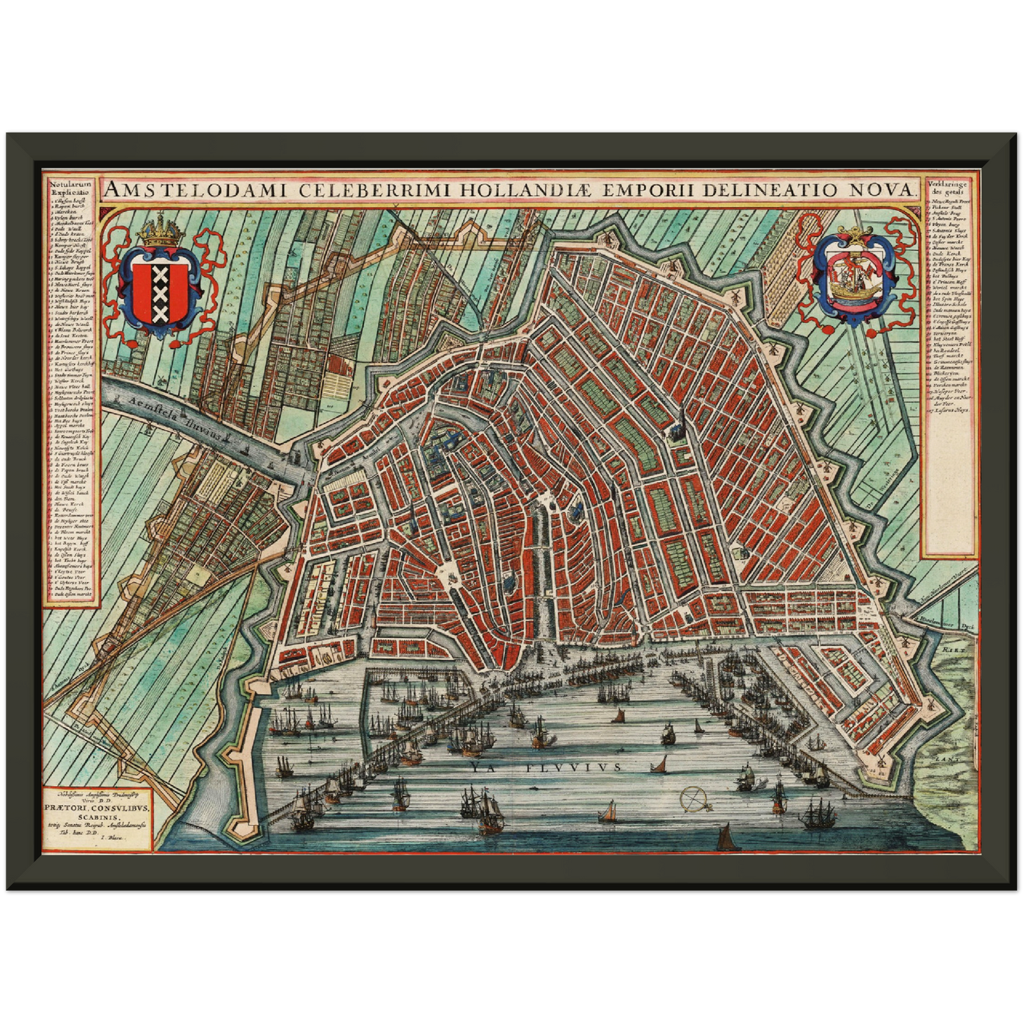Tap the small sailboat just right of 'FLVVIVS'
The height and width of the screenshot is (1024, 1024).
click(x=660, y=764)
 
